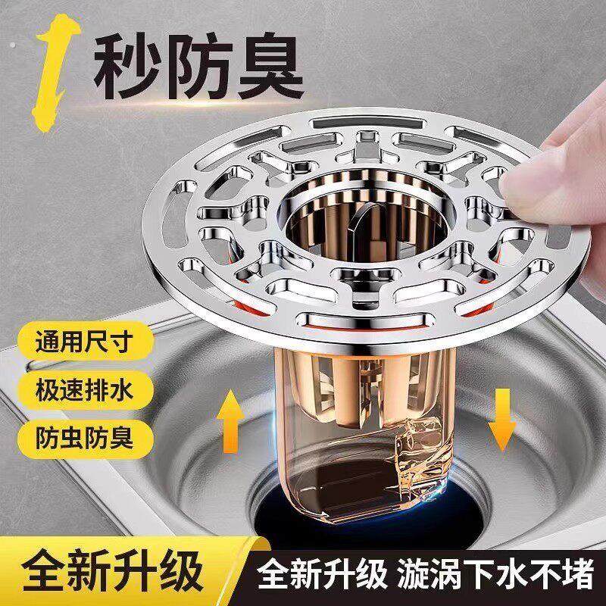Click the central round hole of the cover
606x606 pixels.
pyautogui.click(x=341, y=220)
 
